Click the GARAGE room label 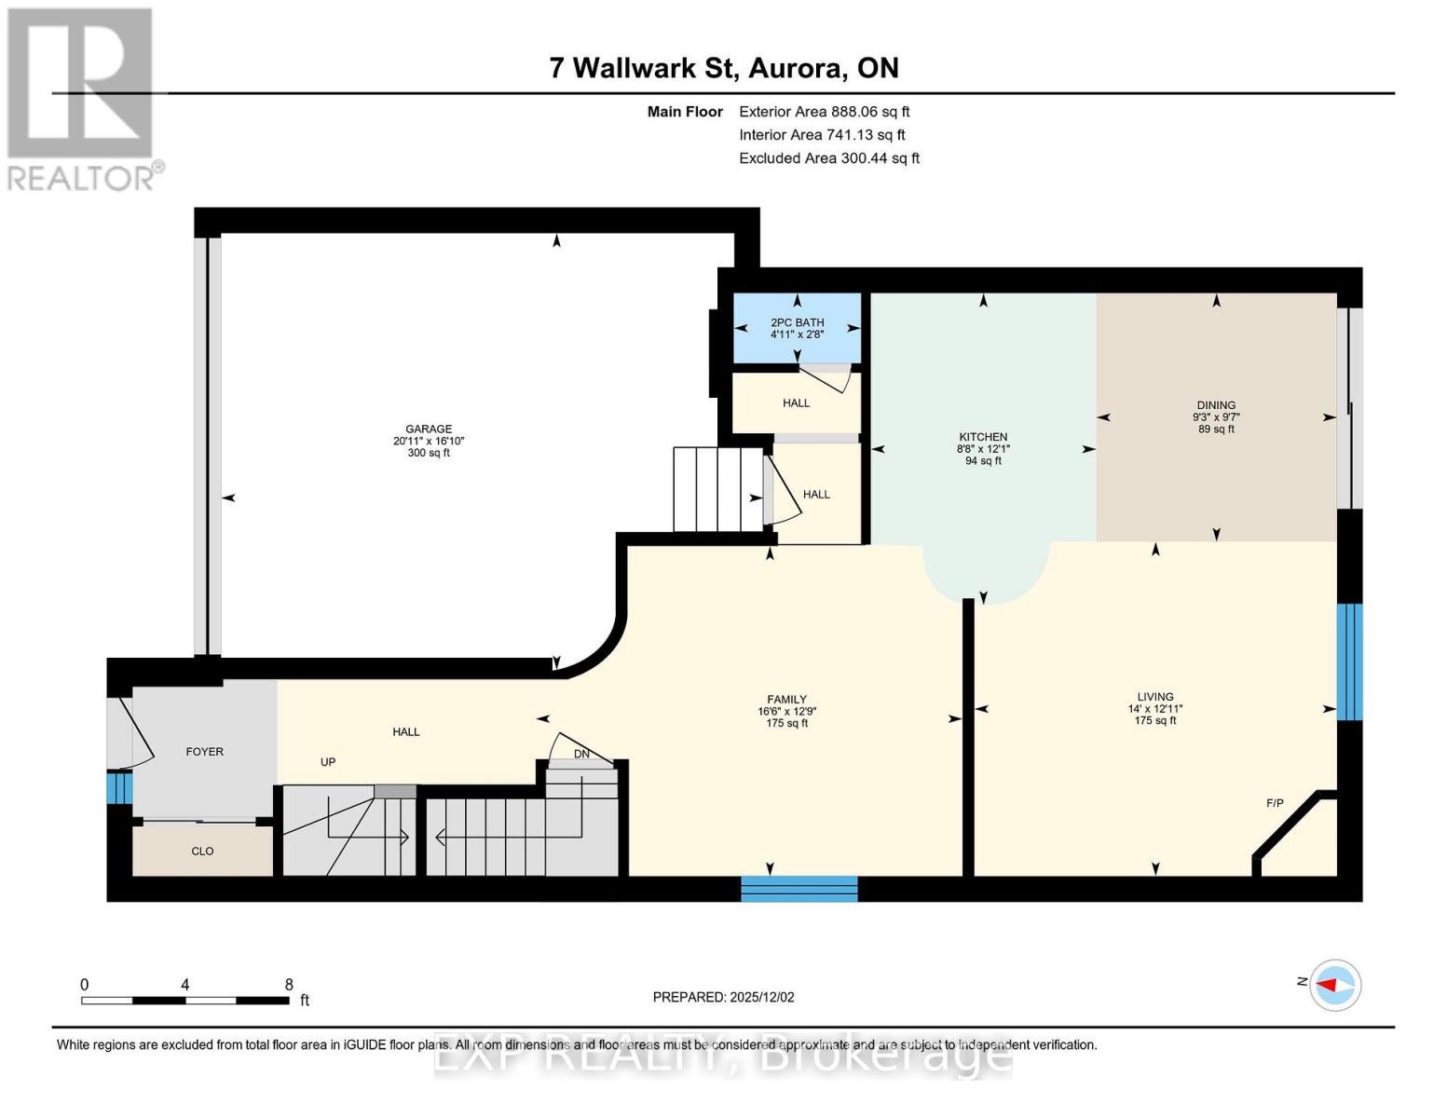coord(429,429)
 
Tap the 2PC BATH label coord(797,322)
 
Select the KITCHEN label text coord(983,437)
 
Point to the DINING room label coord(1216,405)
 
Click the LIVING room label coord(1154,697)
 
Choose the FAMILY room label coord(786,700)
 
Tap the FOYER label coord(205,752)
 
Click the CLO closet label coord(202,852)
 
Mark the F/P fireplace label coord(1275,803)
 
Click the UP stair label coord(328,762)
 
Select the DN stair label coord(581,754)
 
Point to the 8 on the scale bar coord(289,985)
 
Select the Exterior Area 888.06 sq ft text coord(824,112)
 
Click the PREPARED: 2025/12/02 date coord(723,997)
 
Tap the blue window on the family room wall coord(799,889)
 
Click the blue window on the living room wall coord(1349,661)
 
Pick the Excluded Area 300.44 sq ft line coord(828,158)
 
